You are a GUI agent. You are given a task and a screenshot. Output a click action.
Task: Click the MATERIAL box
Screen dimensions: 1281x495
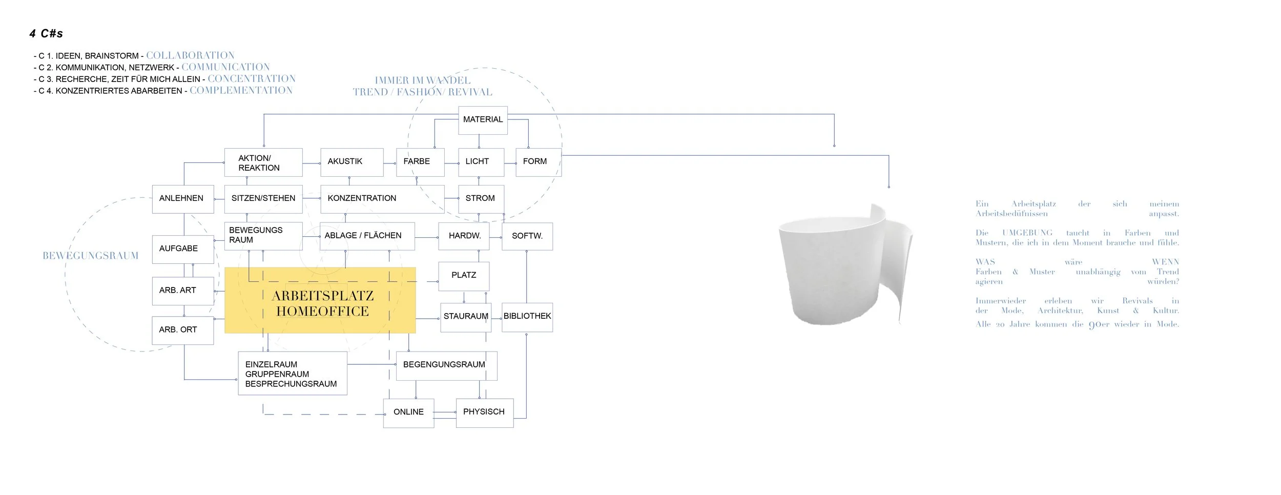click(483, 120)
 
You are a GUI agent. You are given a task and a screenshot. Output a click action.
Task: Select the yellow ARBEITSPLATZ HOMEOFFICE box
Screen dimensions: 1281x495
click(320, 300)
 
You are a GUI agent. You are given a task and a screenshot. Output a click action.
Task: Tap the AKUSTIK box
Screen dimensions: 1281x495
click(352, 162)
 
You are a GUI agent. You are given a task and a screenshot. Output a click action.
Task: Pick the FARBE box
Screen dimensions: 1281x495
click(420, 162)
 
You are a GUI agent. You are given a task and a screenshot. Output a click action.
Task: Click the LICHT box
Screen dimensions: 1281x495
click(481, 162)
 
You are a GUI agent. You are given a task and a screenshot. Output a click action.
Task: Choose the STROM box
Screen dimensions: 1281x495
click(481, 199)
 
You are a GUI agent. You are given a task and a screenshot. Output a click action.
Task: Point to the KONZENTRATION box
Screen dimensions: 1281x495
click(382, 199)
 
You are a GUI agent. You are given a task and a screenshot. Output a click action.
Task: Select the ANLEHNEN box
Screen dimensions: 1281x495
click(182, 199)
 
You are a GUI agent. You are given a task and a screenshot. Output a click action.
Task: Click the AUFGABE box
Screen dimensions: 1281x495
click(182, 249)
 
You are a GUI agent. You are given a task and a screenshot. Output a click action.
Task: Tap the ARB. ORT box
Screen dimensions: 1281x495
click(182, 330)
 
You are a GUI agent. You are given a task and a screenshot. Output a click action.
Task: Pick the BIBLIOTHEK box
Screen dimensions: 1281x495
click(527, 317)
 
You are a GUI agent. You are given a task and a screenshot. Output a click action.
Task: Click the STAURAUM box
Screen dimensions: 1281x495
click(465, 317)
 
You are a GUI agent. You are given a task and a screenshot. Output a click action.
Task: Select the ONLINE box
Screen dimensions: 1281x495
click(408, 412)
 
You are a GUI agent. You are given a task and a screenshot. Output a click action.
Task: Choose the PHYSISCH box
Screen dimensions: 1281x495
click(484, 412)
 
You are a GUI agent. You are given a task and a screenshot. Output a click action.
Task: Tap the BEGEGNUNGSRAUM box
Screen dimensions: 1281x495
click(446, 365)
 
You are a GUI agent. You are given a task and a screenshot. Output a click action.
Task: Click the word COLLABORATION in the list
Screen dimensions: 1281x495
click(190, 55)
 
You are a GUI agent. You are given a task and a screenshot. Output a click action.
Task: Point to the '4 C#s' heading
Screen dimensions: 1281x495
click(46, 34)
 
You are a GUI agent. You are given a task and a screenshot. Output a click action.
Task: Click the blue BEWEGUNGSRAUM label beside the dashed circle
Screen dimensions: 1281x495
click(91, 256)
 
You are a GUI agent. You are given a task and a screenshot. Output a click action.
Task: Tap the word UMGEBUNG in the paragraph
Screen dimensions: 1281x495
click(1027, 233)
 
